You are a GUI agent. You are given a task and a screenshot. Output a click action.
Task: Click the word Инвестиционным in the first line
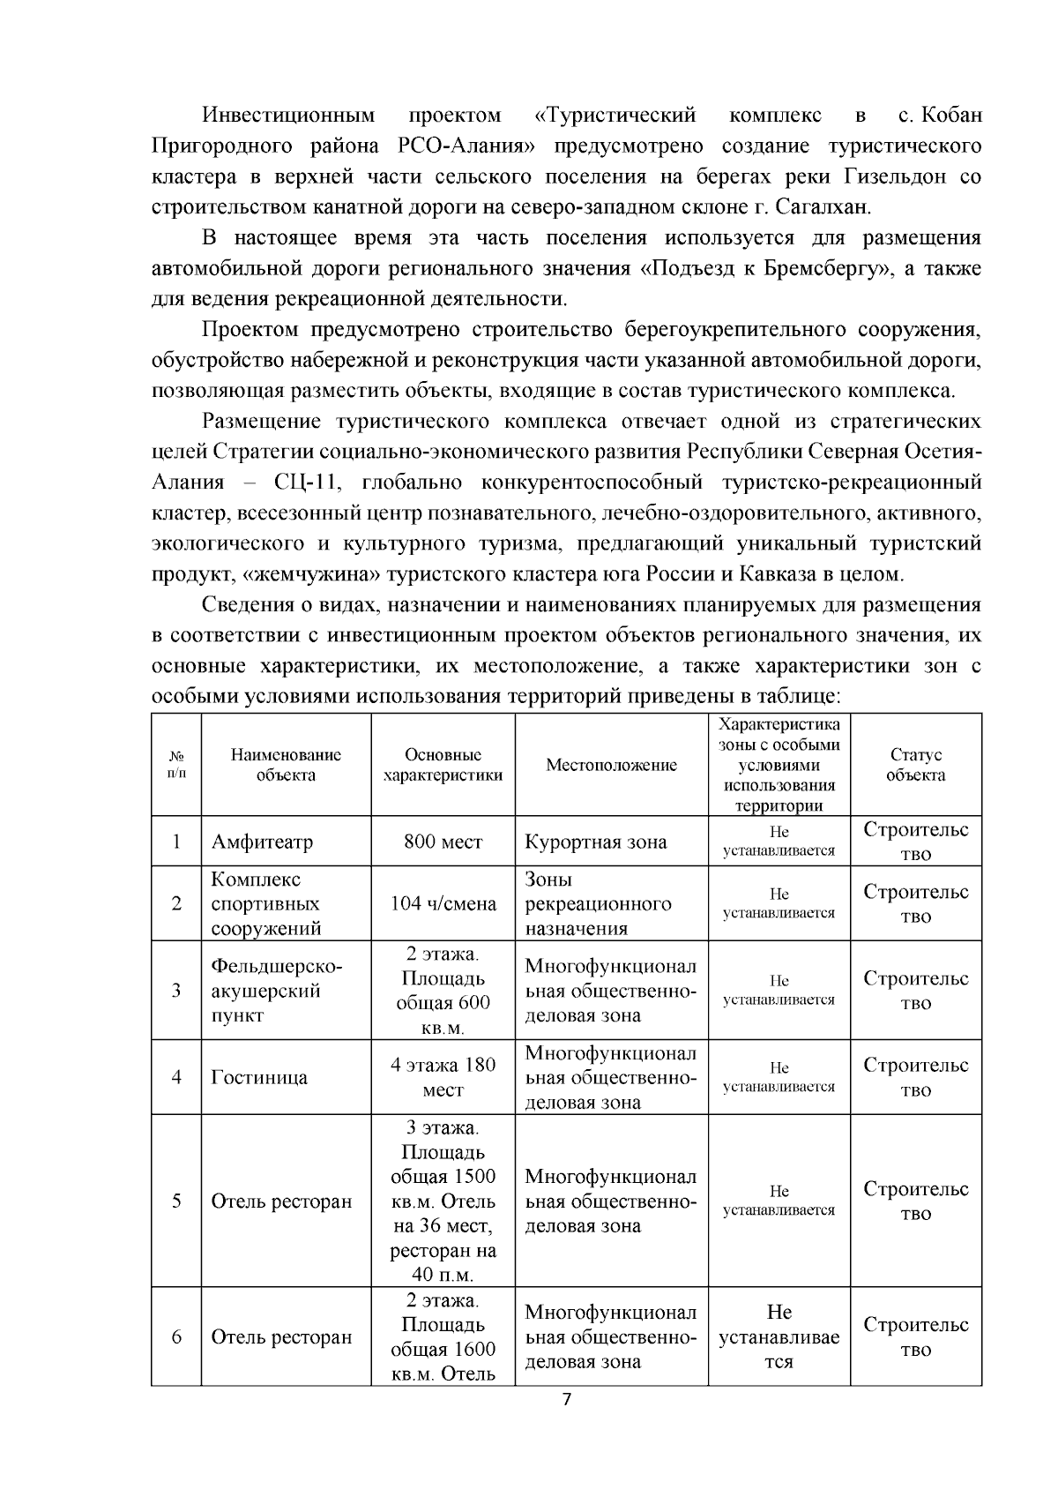pyautogui.click(x=288, y=116)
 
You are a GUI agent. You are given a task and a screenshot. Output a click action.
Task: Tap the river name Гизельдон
pyautogui.click(x=883, y=176)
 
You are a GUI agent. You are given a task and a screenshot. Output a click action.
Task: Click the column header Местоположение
pyautogui.click(x=611, y=765)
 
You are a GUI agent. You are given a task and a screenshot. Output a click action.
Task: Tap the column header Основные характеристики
pyautogui.click(x=443, y=765)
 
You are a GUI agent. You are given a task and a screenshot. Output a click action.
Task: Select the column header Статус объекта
pyautogui.click(x=915, y=765)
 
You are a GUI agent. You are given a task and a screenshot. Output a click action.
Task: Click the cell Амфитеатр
pyautogui.click(x=262, y=842)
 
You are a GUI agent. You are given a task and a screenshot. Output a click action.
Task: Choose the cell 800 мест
pyautogui.click(x=443, y=842)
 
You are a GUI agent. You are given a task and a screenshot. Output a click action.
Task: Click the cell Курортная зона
pyautogui.click(x=596, y=842)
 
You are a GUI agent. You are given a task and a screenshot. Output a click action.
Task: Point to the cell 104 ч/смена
pyautogui.click(x=443, y=903)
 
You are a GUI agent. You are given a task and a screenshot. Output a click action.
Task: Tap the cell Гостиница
pyautogui.click(x=259, y=1077)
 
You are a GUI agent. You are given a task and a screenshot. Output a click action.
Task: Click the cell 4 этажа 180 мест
pyautogui.click(x=443, y=1077)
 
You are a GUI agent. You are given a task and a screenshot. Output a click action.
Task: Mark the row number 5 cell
pyautogui.click(x=176, y=1201)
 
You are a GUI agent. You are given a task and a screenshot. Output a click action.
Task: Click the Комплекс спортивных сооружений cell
pyautogui.click(x=265, y=903)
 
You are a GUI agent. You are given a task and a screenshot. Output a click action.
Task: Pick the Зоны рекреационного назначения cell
pyautogui.click(x=598, y=903)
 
